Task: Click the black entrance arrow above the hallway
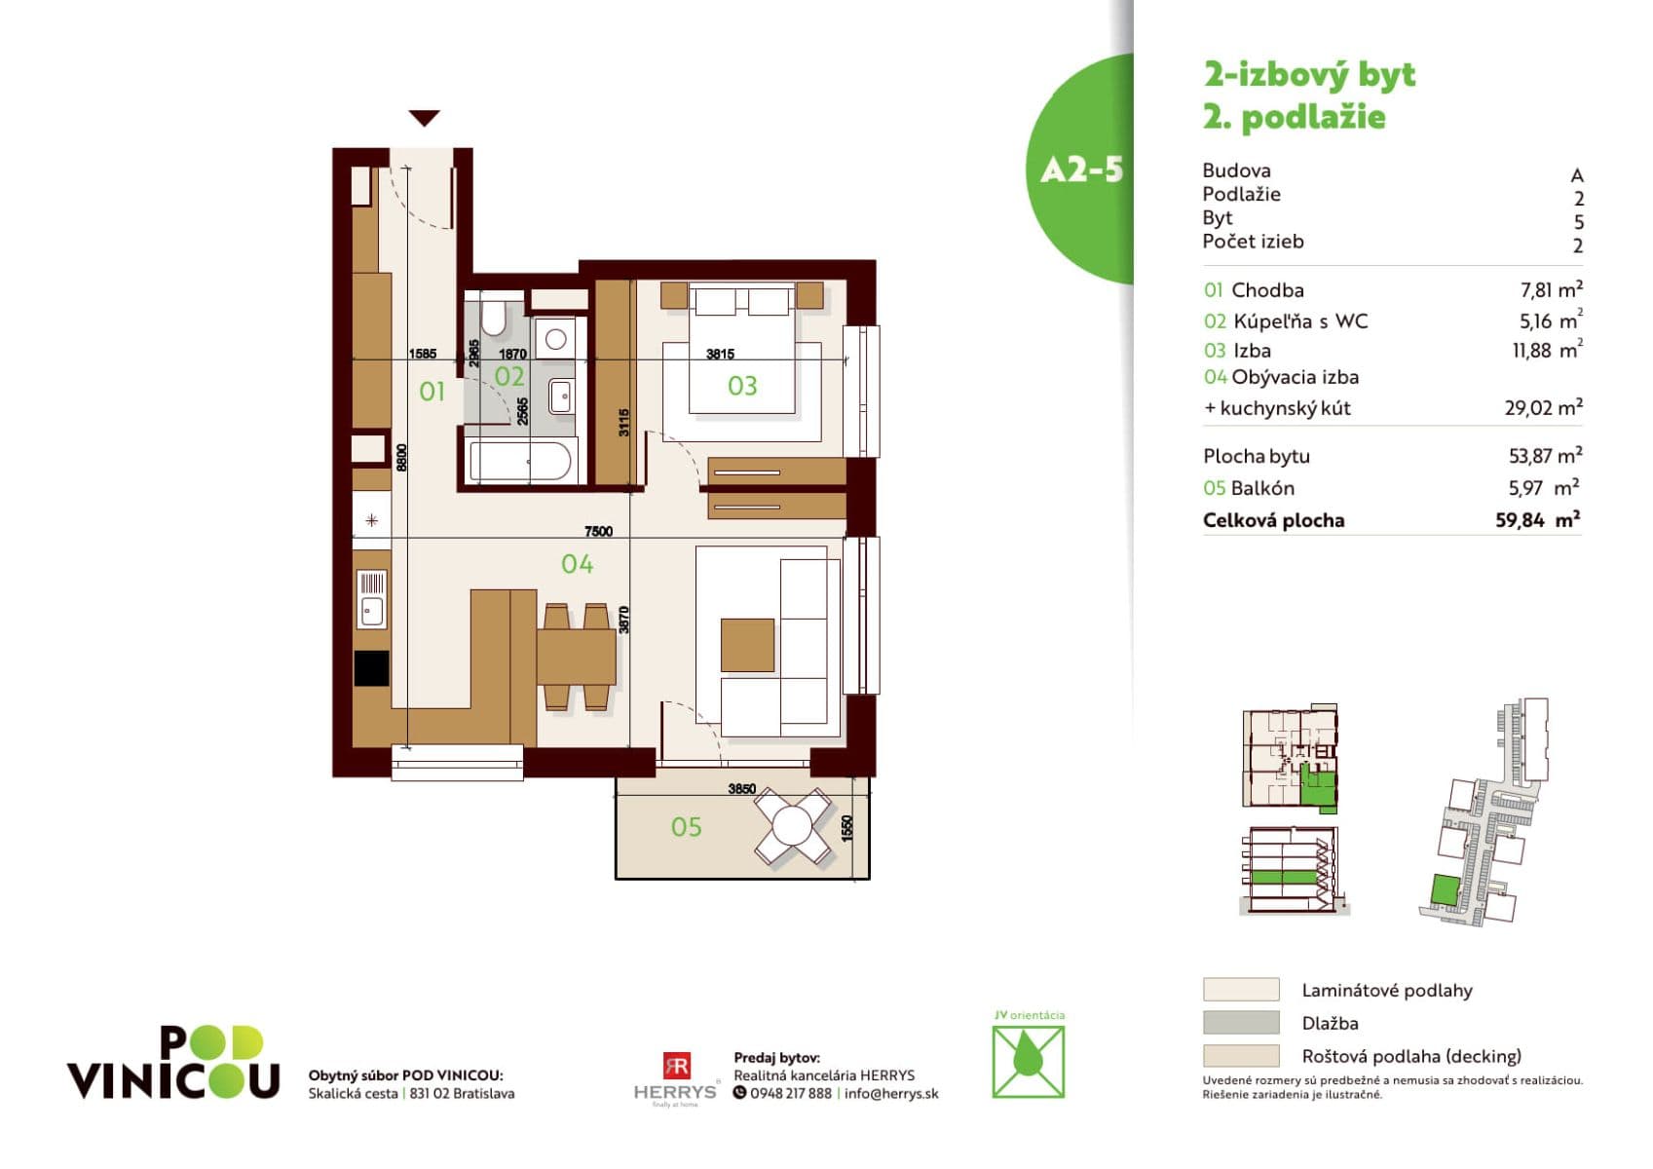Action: click(424, 118)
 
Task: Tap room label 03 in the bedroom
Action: click(742, 386)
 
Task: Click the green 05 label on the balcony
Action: click(686, 827)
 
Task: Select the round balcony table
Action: click(794, 827)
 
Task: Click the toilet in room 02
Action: click(493, 318)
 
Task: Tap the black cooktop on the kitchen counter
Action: click(371, 668)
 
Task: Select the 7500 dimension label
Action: click(598, 531)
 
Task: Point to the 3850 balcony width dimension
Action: click(741, 788)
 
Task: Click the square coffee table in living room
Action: click(747, 645)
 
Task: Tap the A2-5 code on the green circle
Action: click(1081, 170)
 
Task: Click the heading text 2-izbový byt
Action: click(1309, 75)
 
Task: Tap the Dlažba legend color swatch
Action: click(1240, 1022)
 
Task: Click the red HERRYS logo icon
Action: click(676, 1066)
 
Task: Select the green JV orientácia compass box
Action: click(1028, 1062)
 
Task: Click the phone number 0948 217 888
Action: click(790, 1093)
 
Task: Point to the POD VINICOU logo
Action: click(173, 1063)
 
